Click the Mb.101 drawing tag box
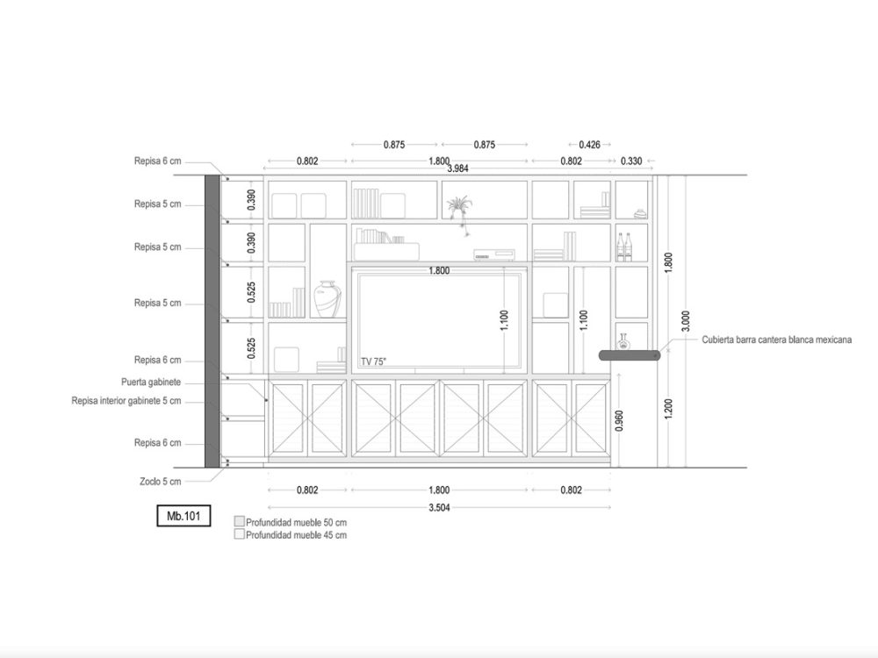click(x=184, y=516)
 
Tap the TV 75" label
click(x=373, y=362)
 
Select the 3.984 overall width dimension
click(x=457, y=168)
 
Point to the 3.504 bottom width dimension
click(x=439, y=508)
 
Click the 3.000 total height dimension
click(x=686, y=321)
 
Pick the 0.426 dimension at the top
click(x=589, y=145)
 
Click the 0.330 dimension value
click(x=631, y=161)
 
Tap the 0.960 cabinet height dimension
click(x=619, y=421)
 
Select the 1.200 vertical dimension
click(x=668, y=409)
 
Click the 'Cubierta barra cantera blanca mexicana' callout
click(x=777, y=340)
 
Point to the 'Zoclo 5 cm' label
click(x=161, y=481)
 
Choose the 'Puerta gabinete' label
click(x=151, y=383)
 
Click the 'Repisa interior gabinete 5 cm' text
click(x=126, y=401)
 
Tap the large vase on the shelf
click(x=327, y=299)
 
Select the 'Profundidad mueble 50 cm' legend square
click(x=240, y=521)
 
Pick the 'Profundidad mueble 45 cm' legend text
click(x=296, y=535)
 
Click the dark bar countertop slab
click(x=630, y=355)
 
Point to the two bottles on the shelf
click(x=623, y=247)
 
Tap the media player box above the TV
click(x=494, y=254)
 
